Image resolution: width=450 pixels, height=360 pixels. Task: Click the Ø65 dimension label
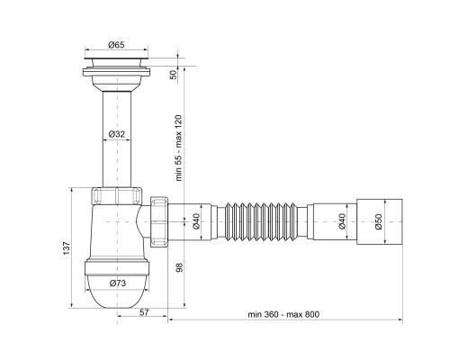[x=116, y=45]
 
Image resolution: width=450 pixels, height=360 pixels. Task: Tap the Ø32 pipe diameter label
[x=116, y=134]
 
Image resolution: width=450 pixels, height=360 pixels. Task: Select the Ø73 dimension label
[x=117, y=283]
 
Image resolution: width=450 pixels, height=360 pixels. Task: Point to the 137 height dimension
[x=67, y=248]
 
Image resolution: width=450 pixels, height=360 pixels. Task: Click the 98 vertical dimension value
[x=179, y=267]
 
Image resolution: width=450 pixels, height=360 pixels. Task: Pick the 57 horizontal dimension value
[x=144, y=312]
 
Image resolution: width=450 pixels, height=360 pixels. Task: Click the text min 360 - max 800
[x=283, y=314]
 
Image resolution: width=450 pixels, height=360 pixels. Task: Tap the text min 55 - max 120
[x=179, y=148]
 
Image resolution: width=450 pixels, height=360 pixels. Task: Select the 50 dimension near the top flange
[x=174, y=75]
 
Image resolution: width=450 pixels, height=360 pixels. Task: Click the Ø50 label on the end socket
[x=379, y=221]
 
